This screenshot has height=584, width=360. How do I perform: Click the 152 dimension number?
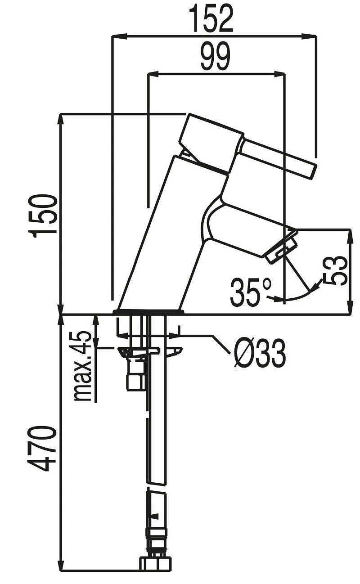click(211, 18)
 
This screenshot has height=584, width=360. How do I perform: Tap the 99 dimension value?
click(215, 57)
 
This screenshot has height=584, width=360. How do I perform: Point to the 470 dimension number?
click(42, 449)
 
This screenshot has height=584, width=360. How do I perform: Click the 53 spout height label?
click(335, 270)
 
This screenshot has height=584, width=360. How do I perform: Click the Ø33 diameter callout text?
click(260, 352)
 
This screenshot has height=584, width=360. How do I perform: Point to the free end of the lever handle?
click(314, 171)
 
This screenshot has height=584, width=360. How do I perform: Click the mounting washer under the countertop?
click(150, 352)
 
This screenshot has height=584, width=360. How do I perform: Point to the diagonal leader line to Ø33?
click(221, 344)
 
